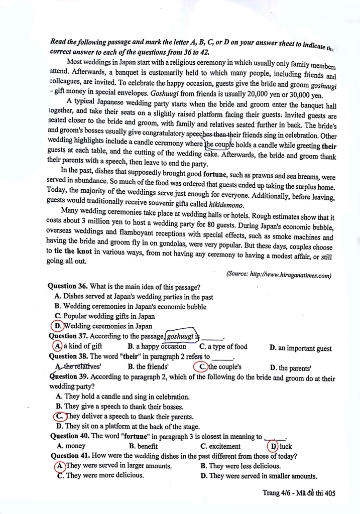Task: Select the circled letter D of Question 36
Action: [x=59, y=326]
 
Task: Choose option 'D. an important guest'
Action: [x=300, y=348]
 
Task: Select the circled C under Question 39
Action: [x=59, y=416]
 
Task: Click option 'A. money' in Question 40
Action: [x=71, y=446]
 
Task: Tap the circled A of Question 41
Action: [x=60, y=465]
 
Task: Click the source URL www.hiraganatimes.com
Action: [x=291, y=275]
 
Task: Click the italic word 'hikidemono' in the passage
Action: [x=226, y=205]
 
